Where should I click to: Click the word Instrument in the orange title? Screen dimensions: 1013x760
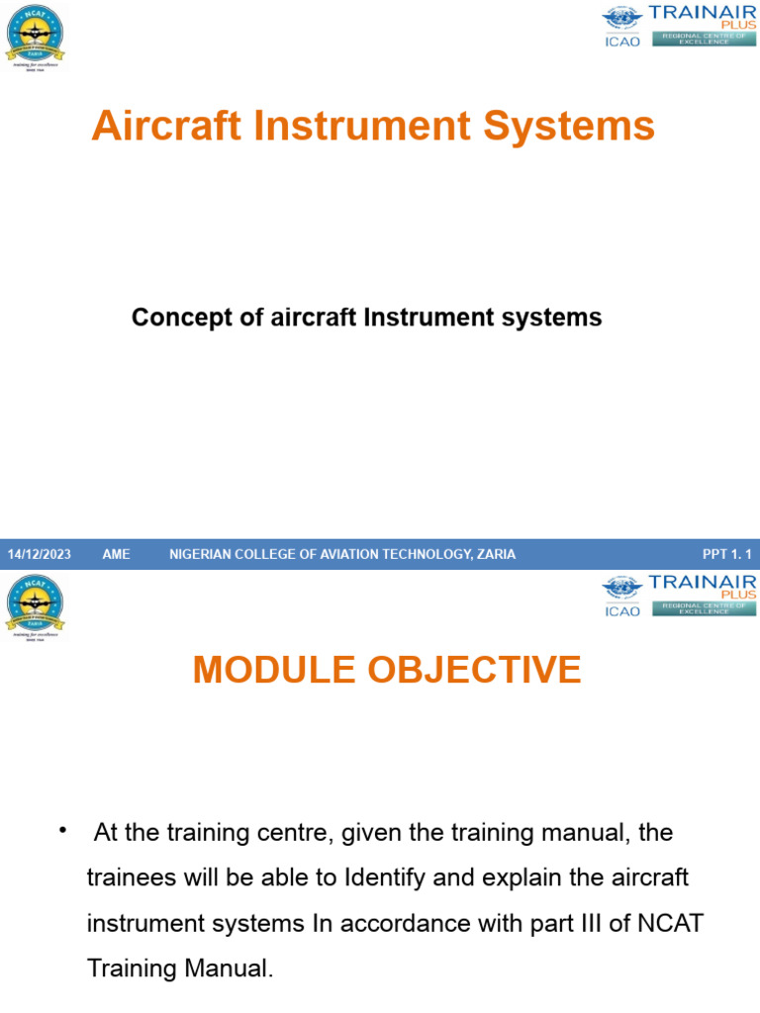(x=368, y=127)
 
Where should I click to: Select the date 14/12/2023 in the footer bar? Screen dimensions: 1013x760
(x=40, y=554)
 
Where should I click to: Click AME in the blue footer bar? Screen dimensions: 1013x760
(x=116, y=554)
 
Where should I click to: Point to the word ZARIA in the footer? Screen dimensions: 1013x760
(x=496, y=554)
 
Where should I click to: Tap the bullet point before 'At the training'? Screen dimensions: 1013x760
(x=63, y=829)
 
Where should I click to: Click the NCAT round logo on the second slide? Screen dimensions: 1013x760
(x=35, y=604)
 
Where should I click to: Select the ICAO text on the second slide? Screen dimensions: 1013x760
(x=622, y=611)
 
